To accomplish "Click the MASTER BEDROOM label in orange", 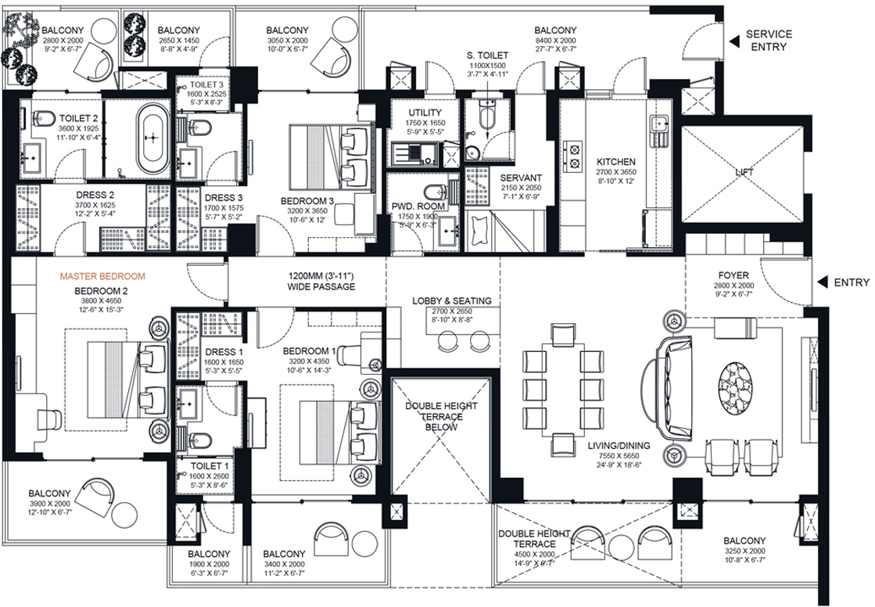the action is coord(102,276).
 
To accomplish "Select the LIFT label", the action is coord(744,172).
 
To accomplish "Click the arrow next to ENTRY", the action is coord(821,282).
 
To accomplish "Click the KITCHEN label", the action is coord(616,162).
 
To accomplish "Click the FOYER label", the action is coord(733,275).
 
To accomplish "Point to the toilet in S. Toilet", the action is coord(487,115).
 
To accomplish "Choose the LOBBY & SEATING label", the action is coord(452,301).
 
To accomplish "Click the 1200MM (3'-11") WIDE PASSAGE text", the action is coord(321,282).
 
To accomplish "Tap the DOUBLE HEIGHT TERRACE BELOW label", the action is coord(441,417).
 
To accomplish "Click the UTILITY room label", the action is coord(425,113).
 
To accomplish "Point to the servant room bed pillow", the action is coord(480,230).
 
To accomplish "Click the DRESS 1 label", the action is coord(224,352).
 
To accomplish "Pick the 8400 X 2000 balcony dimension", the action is coord(555,41).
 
